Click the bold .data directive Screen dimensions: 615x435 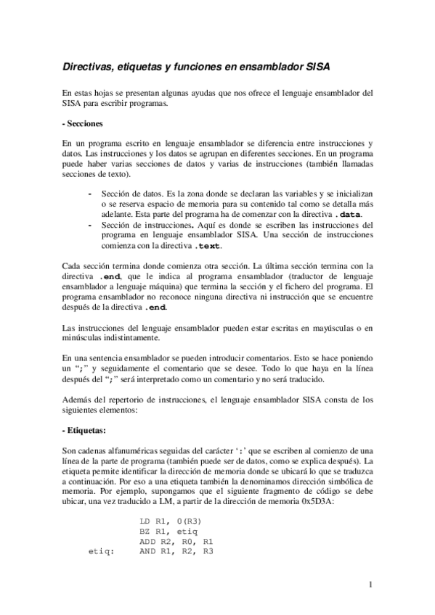[355, 215]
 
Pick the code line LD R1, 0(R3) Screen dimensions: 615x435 [171, 521]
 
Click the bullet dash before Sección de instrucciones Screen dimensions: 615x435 [89, 225]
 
